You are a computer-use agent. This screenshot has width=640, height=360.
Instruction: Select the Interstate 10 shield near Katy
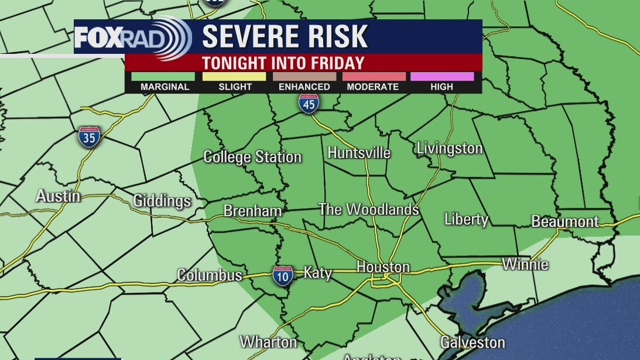(x=283, y=275)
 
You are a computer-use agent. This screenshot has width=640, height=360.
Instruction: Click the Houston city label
(x=383, y=268)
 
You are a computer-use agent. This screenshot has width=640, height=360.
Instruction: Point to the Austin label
(x=58, y=196)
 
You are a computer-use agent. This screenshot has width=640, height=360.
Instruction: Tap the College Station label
(x=252, y=157)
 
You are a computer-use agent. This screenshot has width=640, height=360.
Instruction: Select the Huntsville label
(x=358, y=153)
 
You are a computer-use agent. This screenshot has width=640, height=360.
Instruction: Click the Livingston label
(x=449, y=149)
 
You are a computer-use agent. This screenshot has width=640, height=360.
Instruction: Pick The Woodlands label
(x=368, y=210)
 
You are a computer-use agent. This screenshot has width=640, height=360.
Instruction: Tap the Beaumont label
(x=564, y=221)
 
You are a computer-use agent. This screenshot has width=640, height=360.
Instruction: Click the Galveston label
(x=472, y=342)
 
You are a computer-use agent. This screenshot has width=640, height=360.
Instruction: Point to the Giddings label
(x=162, y=201)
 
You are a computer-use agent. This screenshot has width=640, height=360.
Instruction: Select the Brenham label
(x=252, y=211)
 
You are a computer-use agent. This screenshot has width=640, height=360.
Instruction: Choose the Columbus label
(x=209, y=275)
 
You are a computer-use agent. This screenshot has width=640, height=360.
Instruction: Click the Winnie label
(x=525, y=264)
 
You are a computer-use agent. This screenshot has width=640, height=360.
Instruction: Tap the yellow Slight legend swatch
(x=234, y=76)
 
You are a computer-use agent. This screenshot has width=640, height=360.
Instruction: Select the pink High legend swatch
(x=442, y=76)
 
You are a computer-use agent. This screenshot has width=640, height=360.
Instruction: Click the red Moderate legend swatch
(x=373, y=76)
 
